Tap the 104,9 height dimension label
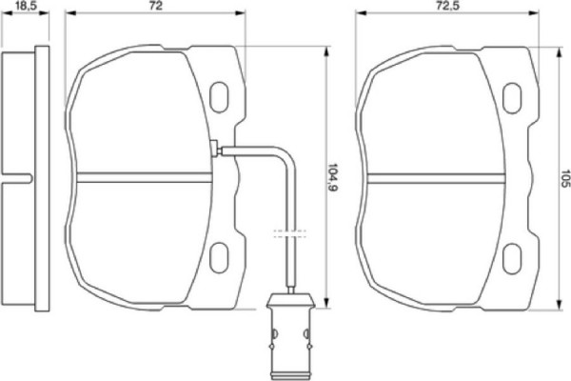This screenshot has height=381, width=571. click(332, 176)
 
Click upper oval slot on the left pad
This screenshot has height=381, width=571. click(220, 96)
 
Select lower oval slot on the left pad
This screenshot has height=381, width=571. click(220, 255)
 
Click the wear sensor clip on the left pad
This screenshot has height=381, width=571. click(216, 149)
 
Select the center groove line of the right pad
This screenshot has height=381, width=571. click(433, 175)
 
